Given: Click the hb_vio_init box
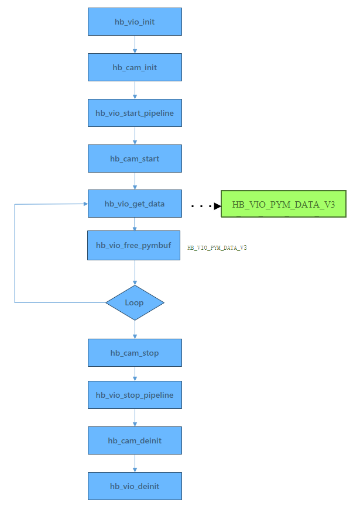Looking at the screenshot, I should click(135, 22).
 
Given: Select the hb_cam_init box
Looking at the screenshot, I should click(135, 67).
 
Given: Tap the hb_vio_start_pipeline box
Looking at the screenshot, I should click(135, 113).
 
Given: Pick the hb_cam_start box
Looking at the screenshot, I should click(135, 159).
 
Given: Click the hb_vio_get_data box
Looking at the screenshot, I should click(135, 204).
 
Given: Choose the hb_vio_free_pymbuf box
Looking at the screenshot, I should click(134, 245).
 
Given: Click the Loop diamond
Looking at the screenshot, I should click(135, 302).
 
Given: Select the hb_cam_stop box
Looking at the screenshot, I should click(135, 353).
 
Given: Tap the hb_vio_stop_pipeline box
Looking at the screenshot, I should click(135, 395).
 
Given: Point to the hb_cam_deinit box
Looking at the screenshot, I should click(135, 440).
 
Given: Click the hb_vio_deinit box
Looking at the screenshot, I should click(135, 486).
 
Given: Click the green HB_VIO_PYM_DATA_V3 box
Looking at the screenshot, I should click(283, 204).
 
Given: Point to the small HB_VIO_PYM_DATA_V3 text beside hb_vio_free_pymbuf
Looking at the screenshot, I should click(217, 248).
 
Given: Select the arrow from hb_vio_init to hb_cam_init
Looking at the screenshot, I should click(135, 44).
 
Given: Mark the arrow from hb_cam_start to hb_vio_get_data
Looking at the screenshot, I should click(135, 181).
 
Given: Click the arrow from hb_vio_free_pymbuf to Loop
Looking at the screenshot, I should click(135, 273).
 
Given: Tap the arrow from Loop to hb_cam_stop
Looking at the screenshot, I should click(135, 329).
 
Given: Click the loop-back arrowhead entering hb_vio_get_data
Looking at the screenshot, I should click(84, 204).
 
